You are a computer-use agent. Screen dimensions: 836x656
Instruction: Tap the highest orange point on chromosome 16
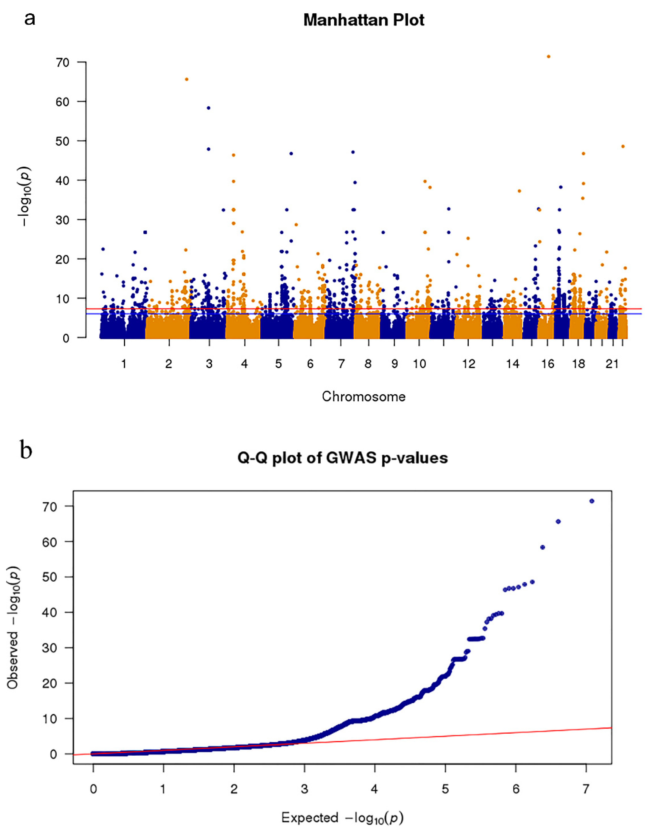click(x=548, y=56)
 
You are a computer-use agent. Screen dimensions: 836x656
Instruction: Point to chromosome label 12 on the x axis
click(x=469, y=364)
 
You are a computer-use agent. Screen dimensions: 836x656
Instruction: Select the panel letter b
click(x=26, y=451)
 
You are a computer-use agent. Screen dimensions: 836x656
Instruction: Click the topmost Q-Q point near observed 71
click(x=592, y=501)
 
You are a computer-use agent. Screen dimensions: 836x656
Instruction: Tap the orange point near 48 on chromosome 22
click(x=623, y=146)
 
